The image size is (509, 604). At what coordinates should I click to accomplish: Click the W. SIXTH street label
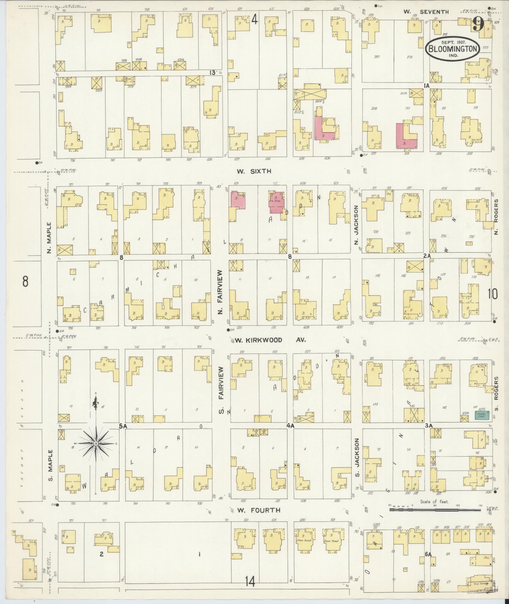[254, 171]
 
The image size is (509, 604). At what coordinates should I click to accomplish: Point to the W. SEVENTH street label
[426, 12]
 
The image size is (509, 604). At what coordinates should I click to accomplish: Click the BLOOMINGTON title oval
[453, 49]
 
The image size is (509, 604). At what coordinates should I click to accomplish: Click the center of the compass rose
[96, 444]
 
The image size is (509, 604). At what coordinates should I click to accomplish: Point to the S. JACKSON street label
[357, 457]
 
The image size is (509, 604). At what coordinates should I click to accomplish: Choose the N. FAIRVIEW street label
[220, 291]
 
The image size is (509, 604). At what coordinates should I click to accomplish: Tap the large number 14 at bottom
[251, 580]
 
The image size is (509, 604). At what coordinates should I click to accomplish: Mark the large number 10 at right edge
[492, 294]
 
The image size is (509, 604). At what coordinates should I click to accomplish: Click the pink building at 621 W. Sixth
[238, 200]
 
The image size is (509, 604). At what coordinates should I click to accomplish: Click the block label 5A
[123, 426]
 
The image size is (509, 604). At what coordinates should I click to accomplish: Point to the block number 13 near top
[212, 73]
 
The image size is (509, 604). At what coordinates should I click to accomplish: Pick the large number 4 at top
[254, 20]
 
